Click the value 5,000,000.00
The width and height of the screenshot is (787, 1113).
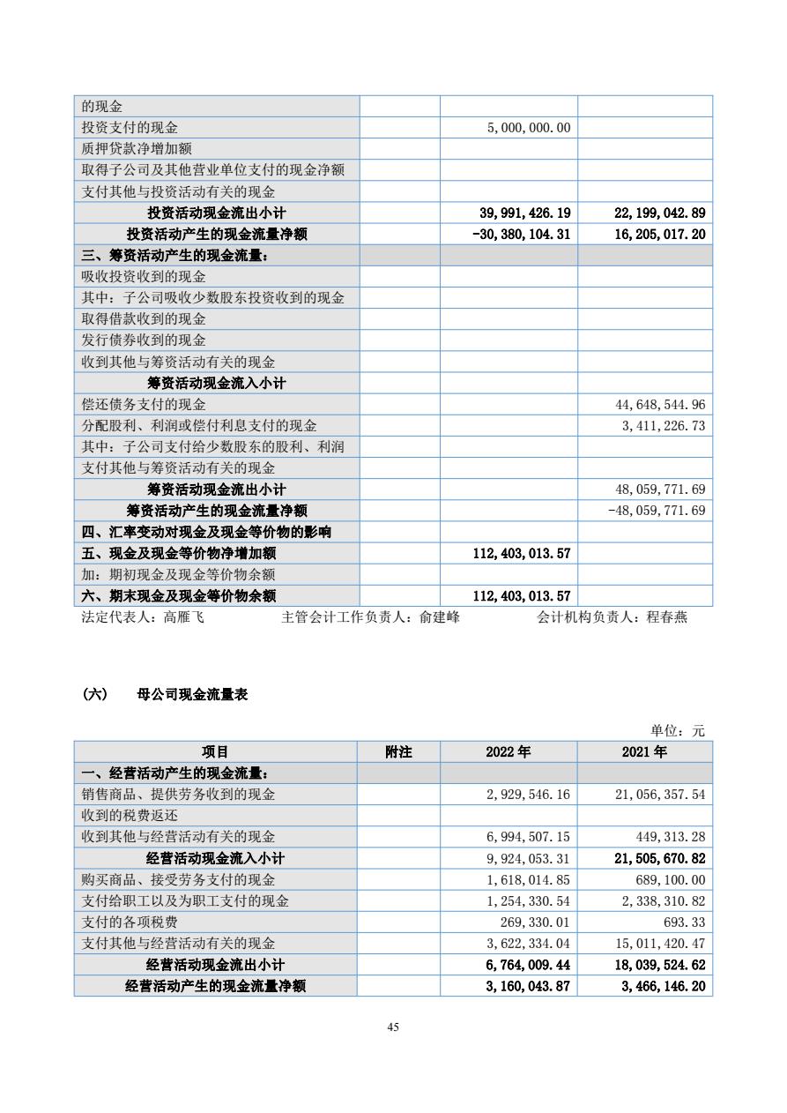529,128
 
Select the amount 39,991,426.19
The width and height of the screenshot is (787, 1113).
524,213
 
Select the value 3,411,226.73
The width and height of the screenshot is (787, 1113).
662,426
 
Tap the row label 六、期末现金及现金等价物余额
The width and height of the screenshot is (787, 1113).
179,596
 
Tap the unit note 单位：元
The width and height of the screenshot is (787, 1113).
678,731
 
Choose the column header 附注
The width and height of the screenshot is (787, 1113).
398,752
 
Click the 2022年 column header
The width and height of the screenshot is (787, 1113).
509,752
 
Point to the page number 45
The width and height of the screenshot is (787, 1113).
393,1027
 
